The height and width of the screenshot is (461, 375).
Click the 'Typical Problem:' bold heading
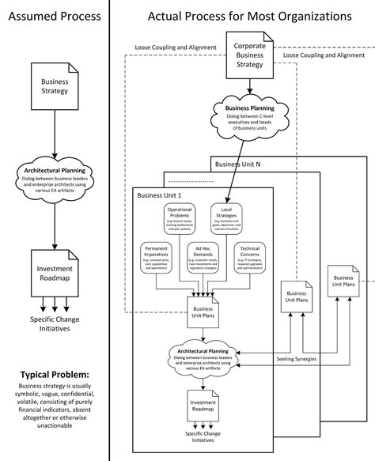[52, 374]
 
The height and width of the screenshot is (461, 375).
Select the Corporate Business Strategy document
[249, 57]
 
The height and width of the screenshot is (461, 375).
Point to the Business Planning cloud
[249, 119]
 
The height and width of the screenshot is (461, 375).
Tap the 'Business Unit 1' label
[160, 196]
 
